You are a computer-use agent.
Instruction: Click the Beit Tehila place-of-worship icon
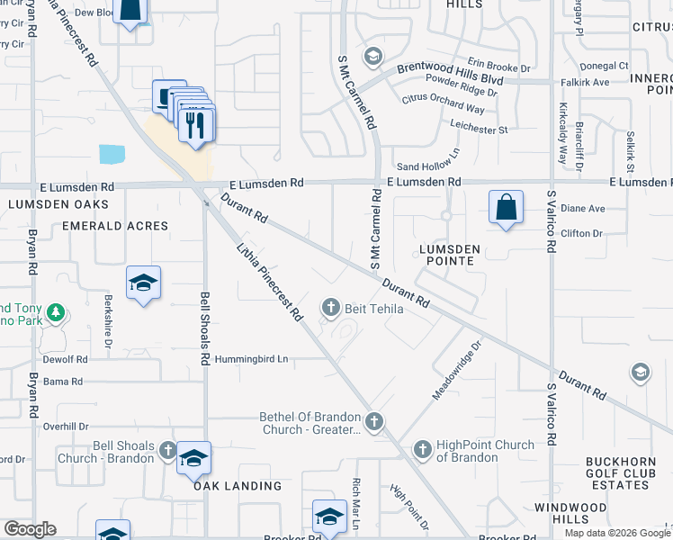tap(331, 308)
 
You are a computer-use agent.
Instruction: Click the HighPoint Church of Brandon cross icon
tap(423, 448)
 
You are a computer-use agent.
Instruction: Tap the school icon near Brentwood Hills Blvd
tap(372, 58)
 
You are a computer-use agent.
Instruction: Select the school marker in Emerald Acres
tap(143, 283)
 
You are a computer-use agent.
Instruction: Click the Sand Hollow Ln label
tap(428, 166)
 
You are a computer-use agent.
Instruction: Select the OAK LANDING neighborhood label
tap(237, 486)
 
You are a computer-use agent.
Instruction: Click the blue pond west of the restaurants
tap(113, 153)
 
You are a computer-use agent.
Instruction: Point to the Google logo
tap(30, 529)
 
